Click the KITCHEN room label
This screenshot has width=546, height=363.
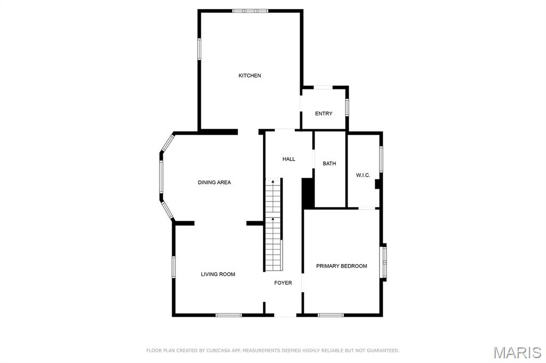click(x=250, y=76)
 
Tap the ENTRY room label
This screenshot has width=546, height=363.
click(x=324, y=113)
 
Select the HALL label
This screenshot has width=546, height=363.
click(x=288, y=159)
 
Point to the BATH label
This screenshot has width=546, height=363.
click(x=329, y=163)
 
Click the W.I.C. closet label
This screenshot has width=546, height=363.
click(x=363, y=175)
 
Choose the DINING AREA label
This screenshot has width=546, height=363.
click(x=214, y=182)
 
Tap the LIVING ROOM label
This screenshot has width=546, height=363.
click(x=218, y=274)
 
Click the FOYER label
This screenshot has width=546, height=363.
click(x=283, y=283)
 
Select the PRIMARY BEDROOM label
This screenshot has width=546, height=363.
click(x=342, y=266)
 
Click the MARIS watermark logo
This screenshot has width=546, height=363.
click(x=517, y=352)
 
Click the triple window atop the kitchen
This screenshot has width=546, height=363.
click(x=251, y=11)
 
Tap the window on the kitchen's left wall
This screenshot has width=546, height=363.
click(x=199, y=49)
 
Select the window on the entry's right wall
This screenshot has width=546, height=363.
click(x=347, y=108)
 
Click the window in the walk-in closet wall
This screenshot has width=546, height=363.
click(x=381, y=159)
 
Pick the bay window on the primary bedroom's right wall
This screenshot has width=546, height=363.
click(x=384, y=262)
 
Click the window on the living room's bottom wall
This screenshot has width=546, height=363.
click(x=229, y=315)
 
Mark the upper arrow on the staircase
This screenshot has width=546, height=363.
click(x=273, y=181)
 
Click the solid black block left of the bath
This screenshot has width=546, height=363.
click(x=308, y=193)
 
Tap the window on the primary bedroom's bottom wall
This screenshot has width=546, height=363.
click(x=331, y=315)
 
